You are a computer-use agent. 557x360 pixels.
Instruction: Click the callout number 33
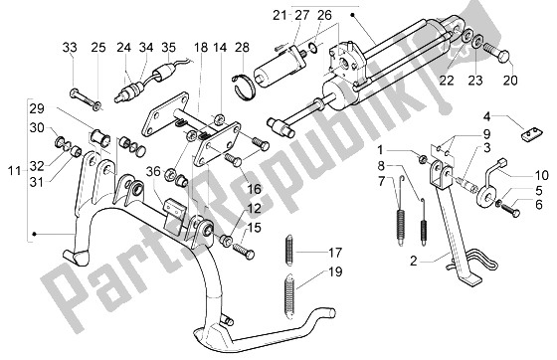71,48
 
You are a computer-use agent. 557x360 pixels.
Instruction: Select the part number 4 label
503,114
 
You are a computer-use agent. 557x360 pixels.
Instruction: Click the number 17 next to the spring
334,253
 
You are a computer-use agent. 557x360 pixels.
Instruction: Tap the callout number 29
36,107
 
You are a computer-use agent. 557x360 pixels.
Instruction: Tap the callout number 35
168,48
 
